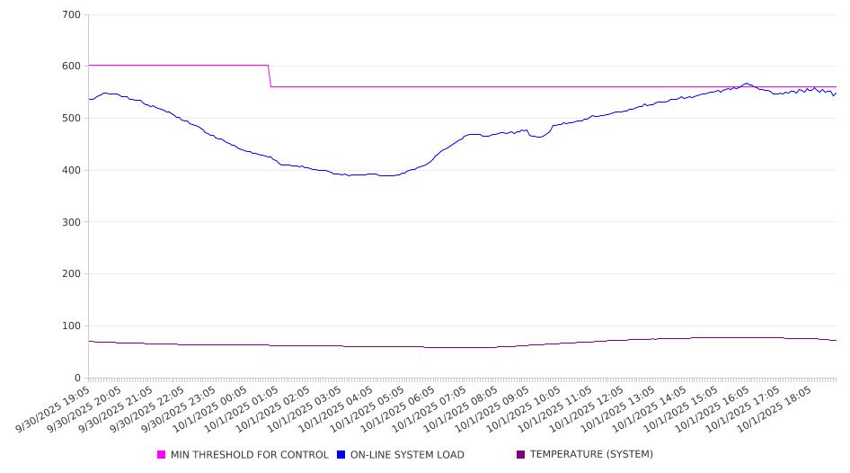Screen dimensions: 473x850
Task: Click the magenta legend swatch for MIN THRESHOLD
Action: click(162, 455)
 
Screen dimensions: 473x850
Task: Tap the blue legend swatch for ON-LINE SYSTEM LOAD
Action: click(341, 455)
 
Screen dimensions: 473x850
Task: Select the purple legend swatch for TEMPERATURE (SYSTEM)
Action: click(521, 455)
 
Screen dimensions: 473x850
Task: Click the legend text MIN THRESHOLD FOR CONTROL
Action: click(250, 455)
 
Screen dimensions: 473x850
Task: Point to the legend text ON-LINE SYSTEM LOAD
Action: click(407, 455)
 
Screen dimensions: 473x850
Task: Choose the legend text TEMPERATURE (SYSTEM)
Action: click(591, 455)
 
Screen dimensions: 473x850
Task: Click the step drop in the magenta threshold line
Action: click(270, 76)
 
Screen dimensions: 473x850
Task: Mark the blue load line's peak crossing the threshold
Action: click(746, 84)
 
